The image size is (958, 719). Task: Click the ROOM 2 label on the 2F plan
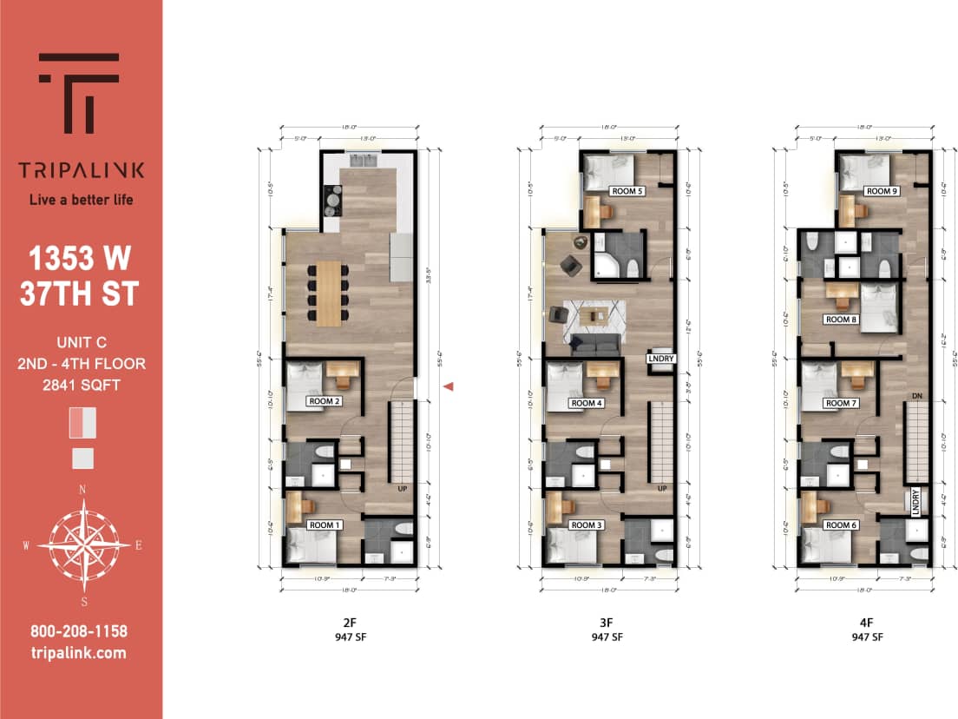click(324, 401)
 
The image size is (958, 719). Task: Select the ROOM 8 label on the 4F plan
click(841, 320)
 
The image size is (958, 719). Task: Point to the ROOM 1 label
click(324, 525)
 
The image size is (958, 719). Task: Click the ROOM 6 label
click(838, 525)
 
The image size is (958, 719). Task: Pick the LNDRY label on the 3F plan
click(661, 358)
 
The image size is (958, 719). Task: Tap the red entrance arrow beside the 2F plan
click(449, 387)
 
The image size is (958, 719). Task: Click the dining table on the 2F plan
click(329, 294)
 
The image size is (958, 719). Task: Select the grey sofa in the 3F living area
click(595, 346)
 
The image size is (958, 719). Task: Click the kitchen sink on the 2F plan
click(363, 159)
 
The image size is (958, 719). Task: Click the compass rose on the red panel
click(82, 543)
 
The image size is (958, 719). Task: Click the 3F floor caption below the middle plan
click(606, 622)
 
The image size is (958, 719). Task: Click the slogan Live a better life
click(82, 200)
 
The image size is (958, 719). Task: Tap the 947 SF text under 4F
click(865, 637)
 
